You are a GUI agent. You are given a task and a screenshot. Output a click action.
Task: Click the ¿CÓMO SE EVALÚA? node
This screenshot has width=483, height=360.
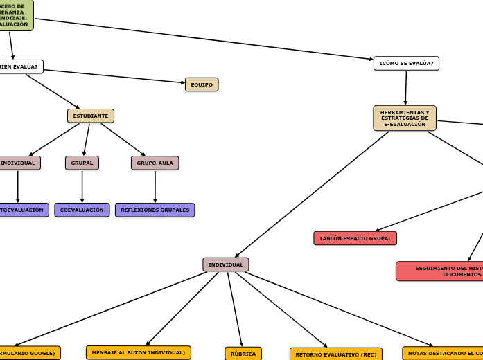pos(406,64)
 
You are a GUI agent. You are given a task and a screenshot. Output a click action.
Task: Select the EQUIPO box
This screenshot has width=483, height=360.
pos(202,84)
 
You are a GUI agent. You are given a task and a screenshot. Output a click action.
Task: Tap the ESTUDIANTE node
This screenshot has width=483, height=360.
pos(91,116)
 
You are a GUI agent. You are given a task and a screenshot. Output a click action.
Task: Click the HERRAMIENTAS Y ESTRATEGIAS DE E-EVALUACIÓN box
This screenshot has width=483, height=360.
pos(405,118)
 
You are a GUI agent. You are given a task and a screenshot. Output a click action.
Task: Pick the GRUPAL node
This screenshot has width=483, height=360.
pos(82,163)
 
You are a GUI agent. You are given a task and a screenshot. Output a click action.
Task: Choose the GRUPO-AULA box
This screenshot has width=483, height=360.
pos(155,163)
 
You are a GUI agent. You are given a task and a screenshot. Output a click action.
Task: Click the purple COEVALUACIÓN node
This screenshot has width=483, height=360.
pos(82,210)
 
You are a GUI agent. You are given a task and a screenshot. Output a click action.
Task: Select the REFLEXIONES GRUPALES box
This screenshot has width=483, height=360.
pos(155,210)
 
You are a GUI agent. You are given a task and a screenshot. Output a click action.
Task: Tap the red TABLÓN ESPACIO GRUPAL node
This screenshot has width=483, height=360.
pos(355,238)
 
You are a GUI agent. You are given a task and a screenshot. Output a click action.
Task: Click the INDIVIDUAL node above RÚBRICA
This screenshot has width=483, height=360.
pos(226,264)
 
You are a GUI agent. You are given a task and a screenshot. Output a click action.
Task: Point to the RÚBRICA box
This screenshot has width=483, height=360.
pos(243,354)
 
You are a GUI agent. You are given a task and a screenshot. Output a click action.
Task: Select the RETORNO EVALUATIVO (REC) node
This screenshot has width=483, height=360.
pos(335,354)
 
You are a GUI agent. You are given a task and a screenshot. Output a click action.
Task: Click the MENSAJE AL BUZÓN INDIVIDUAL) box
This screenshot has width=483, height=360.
pos(139,352)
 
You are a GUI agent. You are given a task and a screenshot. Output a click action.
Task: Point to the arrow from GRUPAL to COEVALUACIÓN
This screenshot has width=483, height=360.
pos(82,186)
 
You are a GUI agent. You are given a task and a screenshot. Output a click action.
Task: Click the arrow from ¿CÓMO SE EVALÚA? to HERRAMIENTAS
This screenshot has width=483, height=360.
pos(406,87)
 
